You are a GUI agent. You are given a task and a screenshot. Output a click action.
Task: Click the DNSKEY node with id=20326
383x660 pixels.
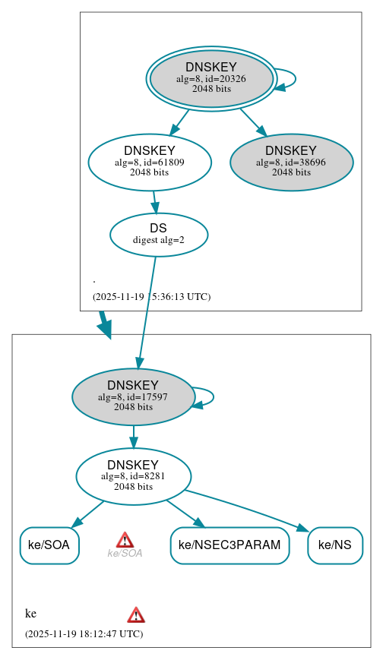tap(211, 78)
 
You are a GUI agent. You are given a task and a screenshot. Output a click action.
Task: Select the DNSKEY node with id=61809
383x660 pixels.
tap(150, 162)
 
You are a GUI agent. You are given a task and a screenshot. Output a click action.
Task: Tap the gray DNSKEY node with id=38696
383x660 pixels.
tap(291, 162)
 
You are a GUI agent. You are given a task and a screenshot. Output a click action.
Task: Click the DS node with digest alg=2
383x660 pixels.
tap(158, 235)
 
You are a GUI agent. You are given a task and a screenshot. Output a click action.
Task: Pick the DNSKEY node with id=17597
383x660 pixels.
tap(133, 396)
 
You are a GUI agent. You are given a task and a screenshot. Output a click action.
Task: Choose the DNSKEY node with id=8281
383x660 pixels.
tap(133, 476)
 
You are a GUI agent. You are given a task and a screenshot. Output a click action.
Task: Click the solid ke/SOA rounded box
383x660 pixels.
tap(49, 545)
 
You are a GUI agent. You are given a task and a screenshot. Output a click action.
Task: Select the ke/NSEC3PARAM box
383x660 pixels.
tap(229, 545)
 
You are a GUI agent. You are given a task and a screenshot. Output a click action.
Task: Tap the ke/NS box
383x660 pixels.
tap(334, 545)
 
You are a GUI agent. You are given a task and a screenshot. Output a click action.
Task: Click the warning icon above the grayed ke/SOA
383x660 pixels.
tap(125, 540)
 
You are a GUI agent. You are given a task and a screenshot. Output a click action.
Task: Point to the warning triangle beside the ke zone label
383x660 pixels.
tap(136, 615)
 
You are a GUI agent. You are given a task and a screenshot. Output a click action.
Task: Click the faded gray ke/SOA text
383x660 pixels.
tap(125, 554)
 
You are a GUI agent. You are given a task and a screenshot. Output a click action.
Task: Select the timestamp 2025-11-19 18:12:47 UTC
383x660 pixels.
tap(84, 633)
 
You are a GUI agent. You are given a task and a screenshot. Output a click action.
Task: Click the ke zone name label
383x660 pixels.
tap(31, 614)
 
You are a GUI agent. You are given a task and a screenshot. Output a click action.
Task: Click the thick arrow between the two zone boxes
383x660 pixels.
tap(104, 324)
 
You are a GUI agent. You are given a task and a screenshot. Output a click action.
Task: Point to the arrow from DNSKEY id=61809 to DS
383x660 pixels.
tap(154, 202)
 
